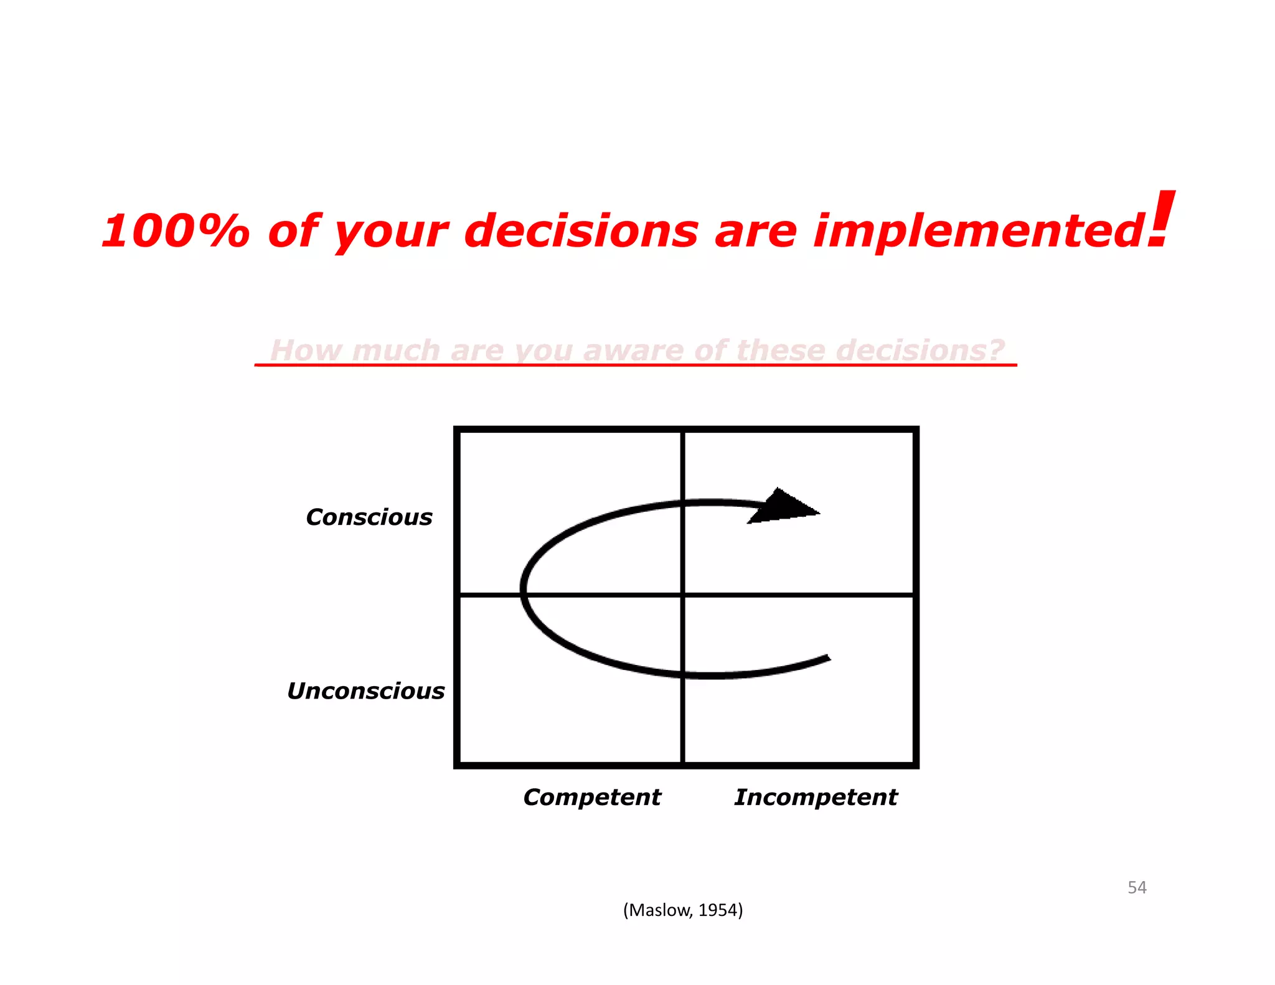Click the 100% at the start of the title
[175, 231]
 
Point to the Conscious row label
[369, 517]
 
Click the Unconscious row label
[365, 691]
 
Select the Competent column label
[591, 797]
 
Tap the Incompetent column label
[816, 797]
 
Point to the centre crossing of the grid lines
[683, 596]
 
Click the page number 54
[1137, 887]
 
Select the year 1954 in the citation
[717, 910]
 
